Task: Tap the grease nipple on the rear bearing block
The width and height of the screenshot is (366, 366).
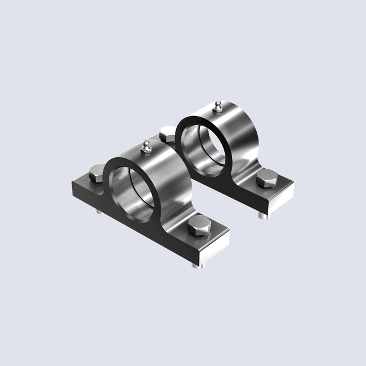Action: point(217,106)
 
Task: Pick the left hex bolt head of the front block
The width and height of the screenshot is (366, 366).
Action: point(98,172)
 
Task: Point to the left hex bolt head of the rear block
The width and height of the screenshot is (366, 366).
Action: point(168,134)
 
